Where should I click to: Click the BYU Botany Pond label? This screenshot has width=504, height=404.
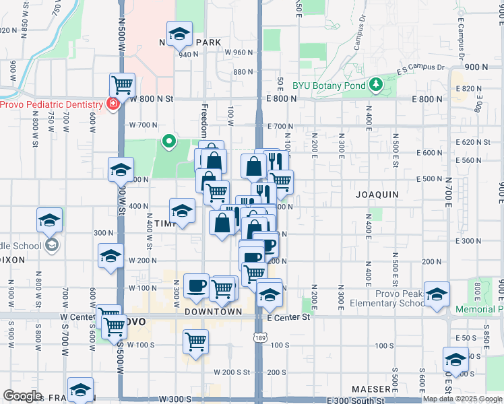(x=329, y=86)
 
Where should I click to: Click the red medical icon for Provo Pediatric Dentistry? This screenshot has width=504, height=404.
(x=112, y=104)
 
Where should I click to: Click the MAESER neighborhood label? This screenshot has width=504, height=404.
(x=371, y=389)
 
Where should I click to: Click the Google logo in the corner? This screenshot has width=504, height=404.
(x=22, y=395)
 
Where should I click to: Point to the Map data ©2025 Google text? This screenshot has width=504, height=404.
(x=462, y=399)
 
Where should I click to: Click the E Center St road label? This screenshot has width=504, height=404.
(x=288, y=317)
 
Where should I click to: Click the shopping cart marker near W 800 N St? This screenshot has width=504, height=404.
(x=123, y=86)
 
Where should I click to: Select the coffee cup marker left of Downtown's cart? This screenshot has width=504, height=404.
(x=197, y=285)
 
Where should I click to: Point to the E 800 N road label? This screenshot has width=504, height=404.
(x=282, y=98)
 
